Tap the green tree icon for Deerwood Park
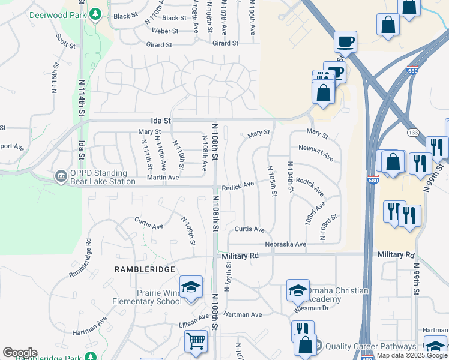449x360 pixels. click(x=94, y=13)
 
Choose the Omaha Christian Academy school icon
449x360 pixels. click(x=297, y=290)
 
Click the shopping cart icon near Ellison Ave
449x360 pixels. click(x=196, y=340)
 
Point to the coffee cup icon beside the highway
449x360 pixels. click(x=345, y=41)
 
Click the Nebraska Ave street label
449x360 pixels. click(x=286, y=244)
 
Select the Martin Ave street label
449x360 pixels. click(x=164, y=178)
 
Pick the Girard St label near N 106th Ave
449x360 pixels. click(x=225, y=43)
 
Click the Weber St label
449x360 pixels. click(x=166, y=31)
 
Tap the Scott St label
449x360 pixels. click(x=65, y=41)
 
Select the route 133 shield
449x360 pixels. click(x=413, y=132)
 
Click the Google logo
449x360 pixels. click(x=20, y=353)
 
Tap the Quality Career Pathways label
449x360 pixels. click(x=371, y=346)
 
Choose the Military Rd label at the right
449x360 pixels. click(x=396, y=255)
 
